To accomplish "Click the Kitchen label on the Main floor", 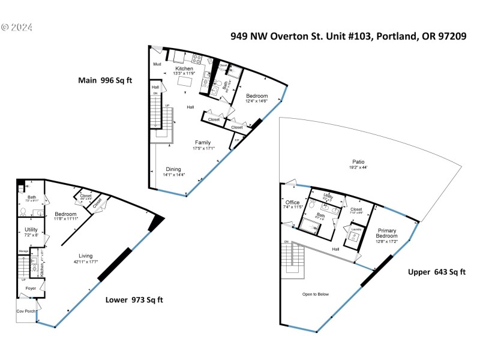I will (x=184, y=69).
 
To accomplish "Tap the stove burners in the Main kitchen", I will (x=196, y=59).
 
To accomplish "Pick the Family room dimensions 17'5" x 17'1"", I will (x=203, y=148).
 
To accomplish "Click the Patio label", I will (x=358, y=162).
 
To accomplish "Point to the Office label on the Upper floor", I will (x=292, y=202).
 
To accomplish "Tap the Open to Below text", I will (x=317, y=295).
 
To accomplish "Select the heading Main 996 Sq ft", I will (x=106, y=80).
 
